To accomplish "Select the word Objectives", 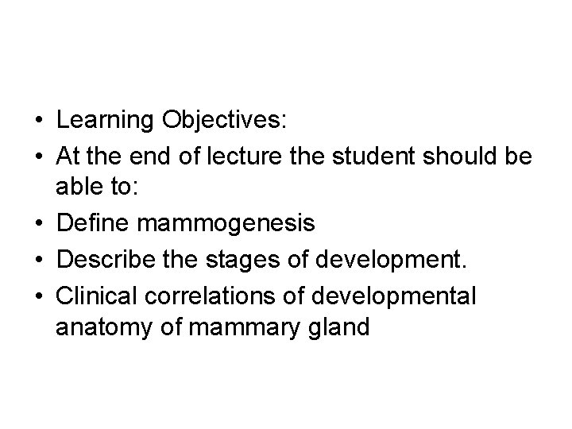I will tap(226, 121).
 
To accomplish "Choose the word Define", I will tap(95, 224).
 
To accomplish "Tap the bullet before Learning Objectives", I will tap(38, 122).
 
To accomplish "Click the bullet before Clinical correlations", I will tap(38, 295).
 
